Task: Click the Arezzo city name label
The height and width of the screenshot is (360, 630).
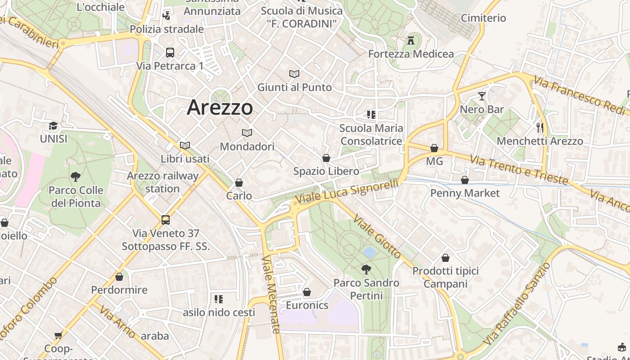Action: [x=220, y=107]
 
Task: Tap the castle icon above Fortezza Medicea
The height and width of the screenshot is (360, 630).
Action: [x=410, y=40]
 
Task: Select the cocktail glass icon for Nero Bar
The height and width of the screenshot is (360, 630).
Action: [x=482, y=96]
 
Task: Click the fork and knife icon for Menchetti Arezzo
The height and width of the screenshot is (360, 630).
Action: [x=540, y=128]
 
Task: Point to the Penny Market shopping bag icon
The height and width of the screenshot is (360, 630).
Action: [x=465, y=180]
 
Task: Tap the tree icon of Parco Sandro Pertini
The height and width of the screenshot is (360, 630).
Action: [x=366, y=270]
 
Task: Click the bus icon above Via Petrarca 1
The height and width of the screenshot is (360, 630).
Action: [x=170, y=52]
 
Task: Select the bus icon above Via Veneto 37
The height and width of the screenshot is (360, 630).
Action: [x=166, y=220]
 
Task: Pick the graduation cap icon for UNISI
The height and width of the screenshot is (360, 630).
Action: [x=54, y=126]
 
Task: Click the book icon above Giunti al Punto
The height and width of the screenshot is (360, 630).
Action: [x=294, y=74]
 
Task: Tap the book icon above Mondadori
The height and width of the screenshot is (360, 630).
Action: [x=247, y=133]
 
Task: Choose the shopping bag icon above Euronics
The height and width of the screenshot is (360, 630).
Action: [x=307, y=292]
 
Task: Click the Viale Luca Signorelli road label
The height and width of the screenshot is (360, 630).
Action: [x=347, y=191]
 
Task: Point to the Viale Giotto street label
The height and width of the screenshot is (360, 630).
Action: [x=377, y=237]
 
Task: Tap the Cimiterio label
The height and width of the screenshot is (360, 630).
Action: [x=483, y=18]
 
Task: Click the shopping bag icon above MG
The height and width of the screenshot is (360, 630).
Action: [x=434, y=148]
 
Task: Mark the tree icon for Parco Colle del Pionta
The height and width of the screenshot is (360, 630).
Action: [x=76, y=177]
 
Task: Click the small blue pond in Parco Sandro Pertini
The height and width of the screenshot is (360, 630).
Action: [x=369, y=252]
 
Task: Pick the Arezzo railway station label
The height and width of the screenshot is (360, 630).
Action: [x=162, y=182]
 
